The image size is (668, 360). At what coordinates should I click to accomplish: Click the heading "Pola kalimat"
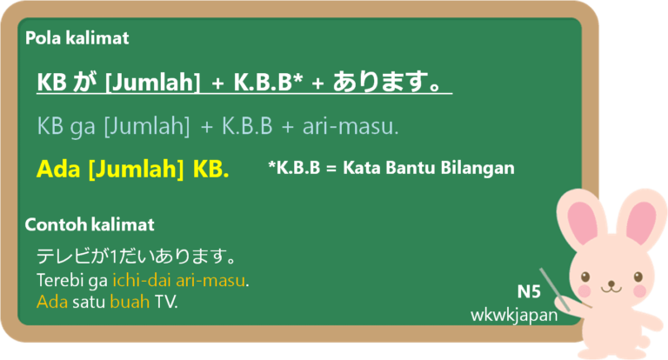[77, 38]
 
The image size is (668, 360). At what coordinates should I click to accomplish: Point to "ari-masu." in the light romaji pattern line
[351, 126]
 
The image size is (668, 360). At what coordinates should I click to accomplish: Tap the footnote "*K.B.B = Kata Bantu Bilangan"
[391, 169]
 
